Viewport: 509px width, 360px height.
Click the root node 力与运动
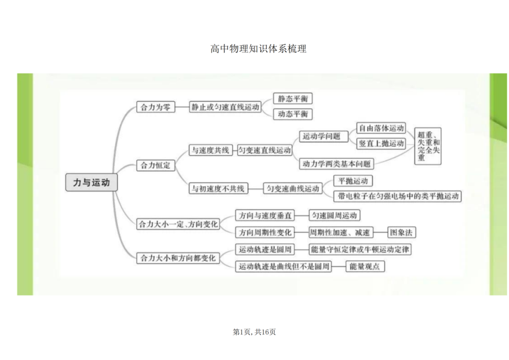pos(91,182)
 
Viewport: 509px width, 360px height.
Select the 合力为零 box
pos(156,107)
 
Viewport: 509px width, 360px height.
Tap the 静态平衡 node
pos(293,98)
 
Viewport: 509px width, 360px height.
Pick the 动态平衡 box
pos(293,114)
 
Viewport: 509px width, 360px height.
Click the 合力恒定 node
pos(156,165)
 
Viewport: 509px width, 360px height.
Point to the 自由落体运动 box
pos(381,128)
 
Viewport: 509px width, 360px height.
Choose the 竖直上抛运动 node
pos(381,143)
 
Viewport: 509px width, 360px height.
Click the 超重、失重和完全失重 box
pos(428,146)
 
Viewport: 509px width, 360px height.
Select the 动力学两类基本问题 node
pos(336,163)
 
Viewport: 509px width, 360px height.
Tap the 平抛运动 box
pos(353,181)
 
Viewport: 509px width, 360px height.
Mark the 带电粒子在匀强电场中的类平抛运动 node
pos(398,196)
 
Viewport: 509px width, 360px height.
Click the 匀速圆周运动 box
pos(334,215)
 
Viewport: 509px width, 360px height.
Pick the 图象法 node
pos(401,233)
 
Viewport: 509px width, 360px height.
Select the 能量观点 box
pos(365,266)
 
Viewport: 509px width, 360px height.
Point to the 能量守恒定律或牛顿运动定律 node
pos(360,249)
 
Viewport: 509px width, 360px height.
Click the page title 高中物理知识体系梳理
pos(258,49)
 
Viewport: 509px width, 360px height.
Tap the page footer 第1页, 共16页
pos(254,332)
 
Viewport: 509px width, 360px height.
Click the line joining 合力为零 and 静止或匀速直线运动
pos(182,107)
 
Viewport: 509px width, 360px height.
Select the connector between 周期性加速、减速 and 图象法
pos(381,233)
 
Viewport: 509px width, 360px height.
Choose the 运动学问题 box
pos(324,136)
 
